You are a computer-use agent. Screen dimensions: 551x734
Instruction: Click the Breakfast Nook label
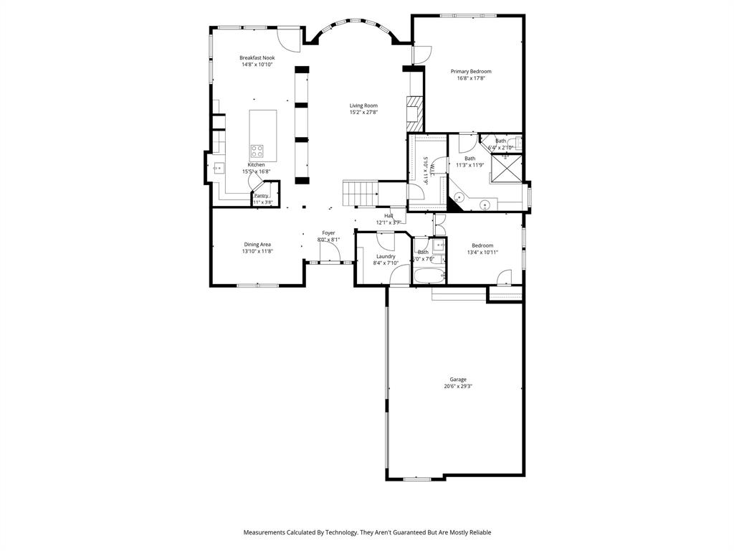pyautogui.click(x=257, y=57)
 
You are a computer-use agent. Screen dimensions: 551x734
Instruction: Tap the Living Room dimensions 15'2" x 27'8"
pyautogui.click(x=363, y=113)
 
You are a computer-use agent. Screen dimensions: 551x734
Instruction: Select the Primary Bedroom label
pyautogui.click(x=471, y=71)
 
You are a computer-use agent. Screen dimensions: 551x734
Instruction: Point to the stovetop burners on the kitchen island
pyautogui.click(x=257, y=151)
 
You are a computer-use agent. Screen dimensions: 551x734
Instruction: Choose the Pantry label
pyautogui.click(x=261, y=195)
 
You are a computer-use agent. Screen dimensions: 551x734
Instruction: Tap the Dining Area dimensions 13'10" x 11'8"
pyautogui.click(x=257, y=251)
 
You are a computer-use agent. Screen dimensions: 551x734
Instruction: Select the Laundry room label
pyautogui.click(x=386, y=256)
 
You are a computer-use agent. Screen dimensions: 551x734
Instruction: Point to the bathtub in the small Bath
pyautogui.click(x=429, y=275)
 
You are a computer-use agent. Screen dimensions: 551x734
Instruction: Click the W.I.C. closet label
pyautogui.click(x=426, y=171)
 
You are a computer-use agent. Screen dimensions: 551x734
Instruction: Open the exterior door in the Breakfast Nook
pyautogui.click(x=288, y=39)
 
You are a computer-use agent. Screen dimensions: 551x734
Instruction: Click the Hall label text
pyautogui.click(x=389, y=215)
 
